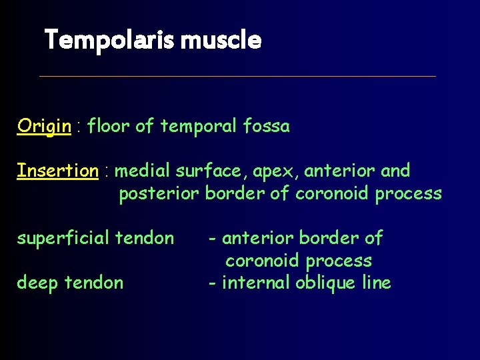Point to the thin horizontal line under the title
(237, 76)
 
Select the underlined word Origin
(44, 126)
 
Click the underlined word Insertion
(57, 171)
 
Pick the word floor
(109, 126)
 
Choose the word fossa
(266, 126)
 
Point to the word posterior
(159, 194)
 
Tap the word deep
(38, 283)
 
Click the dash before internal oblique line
(211, 283)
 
